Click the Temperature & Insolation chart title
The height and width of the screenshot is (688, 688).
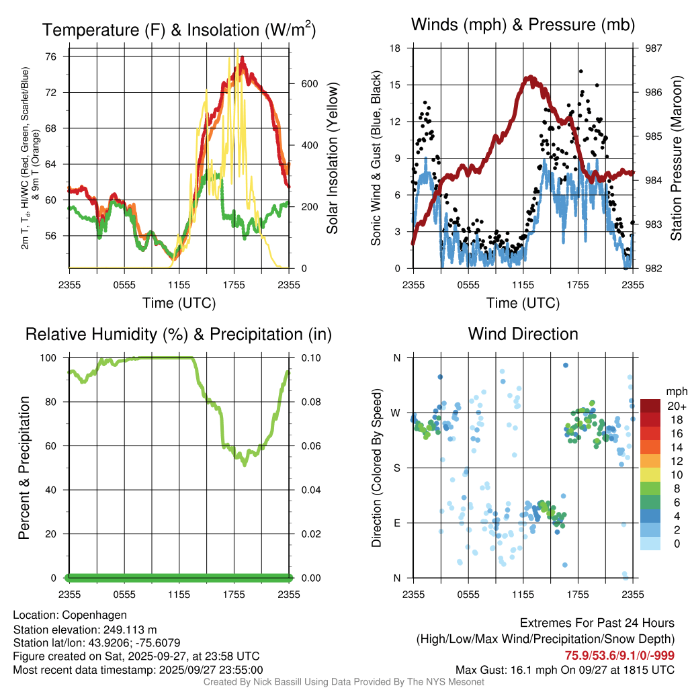tap(179, 30)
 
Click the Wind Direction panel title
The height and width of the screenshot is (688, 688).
tap(523, 334)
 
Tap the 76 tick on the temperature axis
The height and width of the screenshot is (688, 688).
tap(58, 56)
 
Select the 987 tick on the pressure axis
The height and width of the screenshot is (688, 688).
tap(654, 48)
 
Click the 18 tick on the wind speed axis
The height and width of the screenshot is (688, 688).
tap(396, 48)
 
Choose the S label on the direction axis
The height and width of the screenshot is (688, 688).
tap(398, 468)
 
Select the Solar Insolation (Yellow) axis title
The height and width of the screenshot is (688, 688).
tap(332, 159)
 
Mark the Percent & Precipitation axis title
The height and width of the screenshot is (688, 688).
tap(24, 468)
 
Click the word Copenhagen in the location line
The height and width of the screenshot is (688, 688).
tap(93, 615)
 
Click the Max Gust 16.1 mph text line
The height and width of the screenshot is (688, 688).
tap(564, 670)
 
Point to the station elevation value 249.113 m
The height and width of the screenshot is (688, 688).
tap(132, 630)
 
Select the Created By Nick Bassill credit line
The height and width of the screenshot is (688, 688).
tap(343, 682)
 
